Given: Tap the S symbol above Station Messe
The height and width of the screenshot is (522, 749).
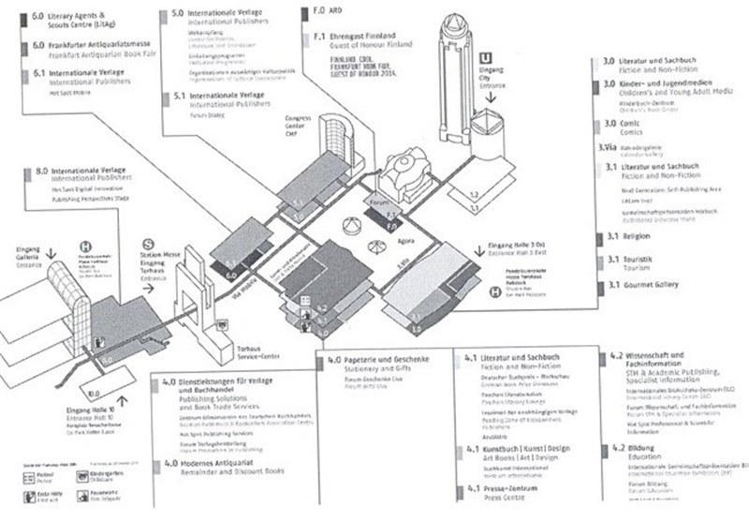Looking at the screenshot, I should coord(148,241).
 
